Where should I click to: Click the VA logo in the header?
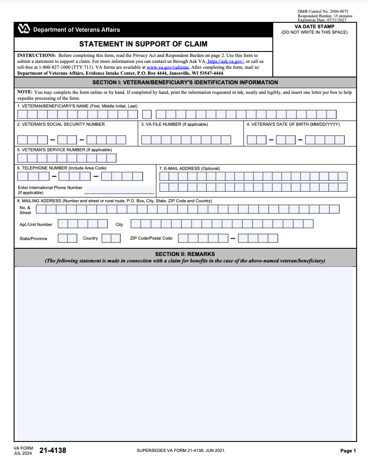(x=24, y=29)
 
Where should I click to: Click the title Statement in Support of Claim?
(x=143, y=44)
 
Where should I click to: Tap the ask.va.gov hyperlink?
(x=226, y=61)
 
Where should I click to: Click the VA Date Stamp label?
(x=314, y=27)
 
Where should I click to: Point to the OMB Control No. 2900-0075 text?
(x=323, y=11)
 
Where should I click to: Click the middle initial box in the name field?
(x=147, y=114)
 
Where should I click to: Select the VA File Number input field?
(x=186, y=140)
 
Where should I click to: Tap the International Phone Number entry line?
(x=119, y=190)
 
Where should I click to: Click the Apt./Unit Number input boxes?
(x=83, y=224)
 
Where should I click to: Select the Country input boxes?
(x=111, y=238)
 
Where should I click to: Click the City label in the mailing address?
(x=119, y=225)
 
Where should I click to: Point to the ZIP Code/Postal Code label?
(x=151, y=238)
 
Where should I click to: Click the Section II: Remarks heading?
(x=185, y=254)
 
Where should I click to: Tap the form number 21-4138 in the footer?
(x=53, y=451)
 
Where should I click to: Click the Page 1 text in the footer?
(x=348, y=451)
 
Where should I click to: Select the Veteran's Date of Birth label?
(x=293, y=124)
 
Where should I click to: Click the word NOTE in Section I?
(x=25, y=92)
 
